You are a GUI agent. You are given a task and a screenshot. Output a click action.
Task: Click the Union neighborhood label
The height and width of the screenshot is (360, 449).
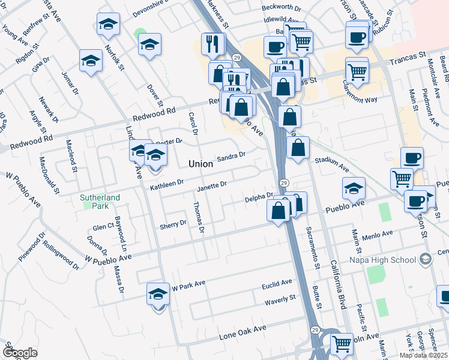coord(200,163)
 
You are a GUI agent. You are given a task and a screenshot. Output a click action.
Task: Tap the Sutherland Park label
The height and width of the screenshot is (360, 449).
coord(101,201)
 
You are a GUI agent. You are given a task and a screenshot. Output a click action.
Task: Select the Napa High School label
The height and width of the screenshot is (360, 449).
coord(383,260)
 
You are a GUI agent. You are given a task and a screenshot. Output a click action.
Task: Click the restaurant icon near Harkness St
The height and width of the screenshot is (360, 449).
coord(212,44)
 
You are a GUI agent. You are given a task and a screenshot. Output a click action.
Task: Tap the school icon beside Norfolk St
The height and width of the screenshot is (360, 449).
coord(108,25)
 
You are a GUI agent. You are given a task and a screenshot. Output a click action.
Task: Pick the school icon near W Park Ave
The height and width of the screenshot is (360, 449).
coord(158,294)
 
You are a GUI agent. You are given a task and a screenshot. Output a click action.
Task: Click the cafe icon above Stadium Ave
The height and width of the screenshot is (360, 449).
coord(412,158)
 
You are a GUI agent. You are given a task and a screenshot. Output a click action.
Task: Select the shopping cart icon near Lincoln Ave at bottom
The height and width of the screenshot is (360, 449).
coord(342,344)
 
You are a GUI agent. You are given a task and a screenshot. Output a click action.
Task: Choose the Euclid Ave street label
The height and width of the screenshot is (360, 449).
coord(277,281)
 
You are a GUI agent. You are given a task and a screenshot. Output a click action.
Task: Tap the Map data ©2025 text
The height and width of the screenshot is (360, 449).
coord(424,355)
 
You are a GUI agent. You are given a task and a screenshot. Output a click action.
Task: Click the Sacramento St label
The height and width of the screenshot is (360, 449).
coord(313,247)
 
